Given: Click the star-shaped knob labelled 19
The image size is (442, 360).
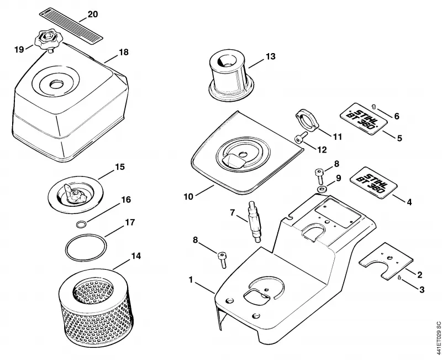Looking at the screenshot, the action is pyautogui.click(x=46, y=41).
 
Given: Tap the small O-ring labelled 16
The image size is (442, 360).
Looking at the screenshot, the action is pyautogui.click(x=81, y=225).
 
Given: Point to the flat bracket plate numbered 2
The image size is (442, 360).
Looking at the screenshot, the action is pyautogui.click(x=386, y=261).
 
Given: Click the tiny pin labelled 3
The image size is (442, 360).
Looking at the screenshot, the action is pyautogui.click(x=399, y=278).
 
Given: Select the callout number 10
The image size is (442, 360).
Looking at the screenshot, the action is pyautogui.click(x=188, y=196).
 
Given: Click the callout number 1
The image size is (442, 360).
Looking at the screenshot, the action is pyautogui.click(x=191, y=280).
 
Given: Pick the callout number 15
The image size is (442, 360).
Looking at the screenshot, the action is pyautogui.click(x=120, y=167).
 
